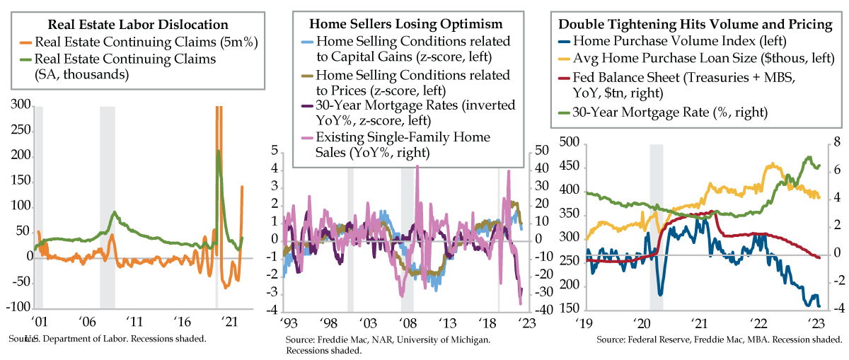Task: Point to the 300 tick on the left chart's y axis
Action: coord(20,105)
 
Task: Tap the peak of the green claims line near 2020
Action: coord(218,151)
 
